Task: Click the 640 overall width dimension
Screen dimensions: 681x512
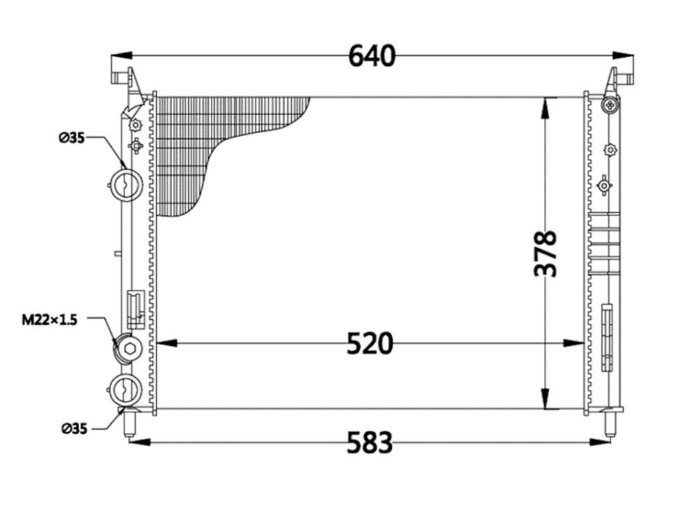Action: (x=372, y=56)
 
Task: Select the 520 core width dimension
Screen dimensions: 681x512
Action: (x=370, y=343)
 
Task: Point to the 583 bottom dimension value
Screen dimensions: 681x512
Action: (x=370, y=442)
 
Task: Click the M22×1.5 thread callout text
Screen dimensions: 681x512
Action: (x=49, y=320)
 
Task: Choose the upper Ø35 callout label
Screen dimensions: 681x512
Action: (x=72, y=138)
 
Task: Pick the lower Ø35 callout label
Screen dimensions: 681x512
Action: (x=74, y=429)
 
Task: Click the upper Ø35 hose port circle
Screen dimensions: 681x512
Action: (x=126, y=185)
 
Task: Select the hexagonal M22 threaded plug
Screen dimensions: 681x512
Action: (x=130, y=348)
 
